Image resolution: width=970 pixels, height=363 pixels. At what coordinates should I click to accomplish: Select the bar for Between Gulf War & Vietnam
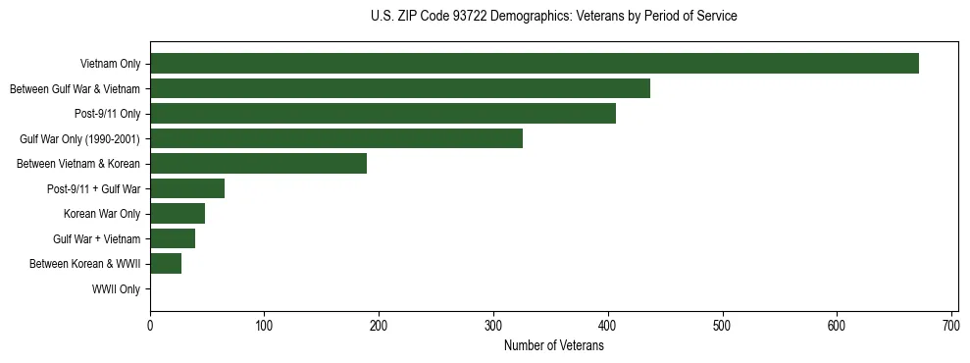coord(400,88)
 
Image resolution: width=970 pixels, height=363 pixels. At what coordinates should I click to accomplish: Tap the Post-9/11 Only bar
coord(383,114)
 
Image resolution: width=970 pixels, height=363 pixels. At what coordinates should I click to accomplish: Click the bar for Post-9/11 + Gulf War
coord(187,188)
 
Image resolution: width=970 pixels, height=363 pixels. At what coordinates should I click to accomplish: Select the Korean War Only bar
coord(178,214)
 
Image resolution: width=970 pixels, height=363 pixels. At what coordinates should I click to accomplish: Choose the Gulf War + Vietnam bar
coord(173,238)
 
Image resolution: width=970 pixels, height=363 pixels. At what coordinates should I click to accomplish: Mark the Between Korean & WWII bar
coord(166,264)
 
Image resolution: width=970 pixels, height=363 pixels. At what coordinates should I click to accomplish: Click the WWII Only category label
coord(116,289)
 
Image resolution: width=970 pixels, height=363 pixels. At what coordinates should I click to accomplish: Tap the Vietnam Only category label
coord(110,65)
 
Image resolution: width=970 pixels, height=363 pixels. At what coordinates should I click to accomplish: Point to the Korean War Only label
coord(102,214)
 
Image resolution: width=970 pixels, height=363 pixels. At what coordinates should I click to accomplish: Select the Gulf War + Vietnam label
coord(96,239)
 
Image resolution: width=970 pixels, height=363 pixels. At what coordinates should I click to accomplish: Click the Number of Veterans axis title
coord(553,345)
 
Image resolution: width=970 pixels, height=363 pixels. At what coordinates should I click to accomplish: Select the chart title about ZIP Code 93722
coord(553,17)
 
